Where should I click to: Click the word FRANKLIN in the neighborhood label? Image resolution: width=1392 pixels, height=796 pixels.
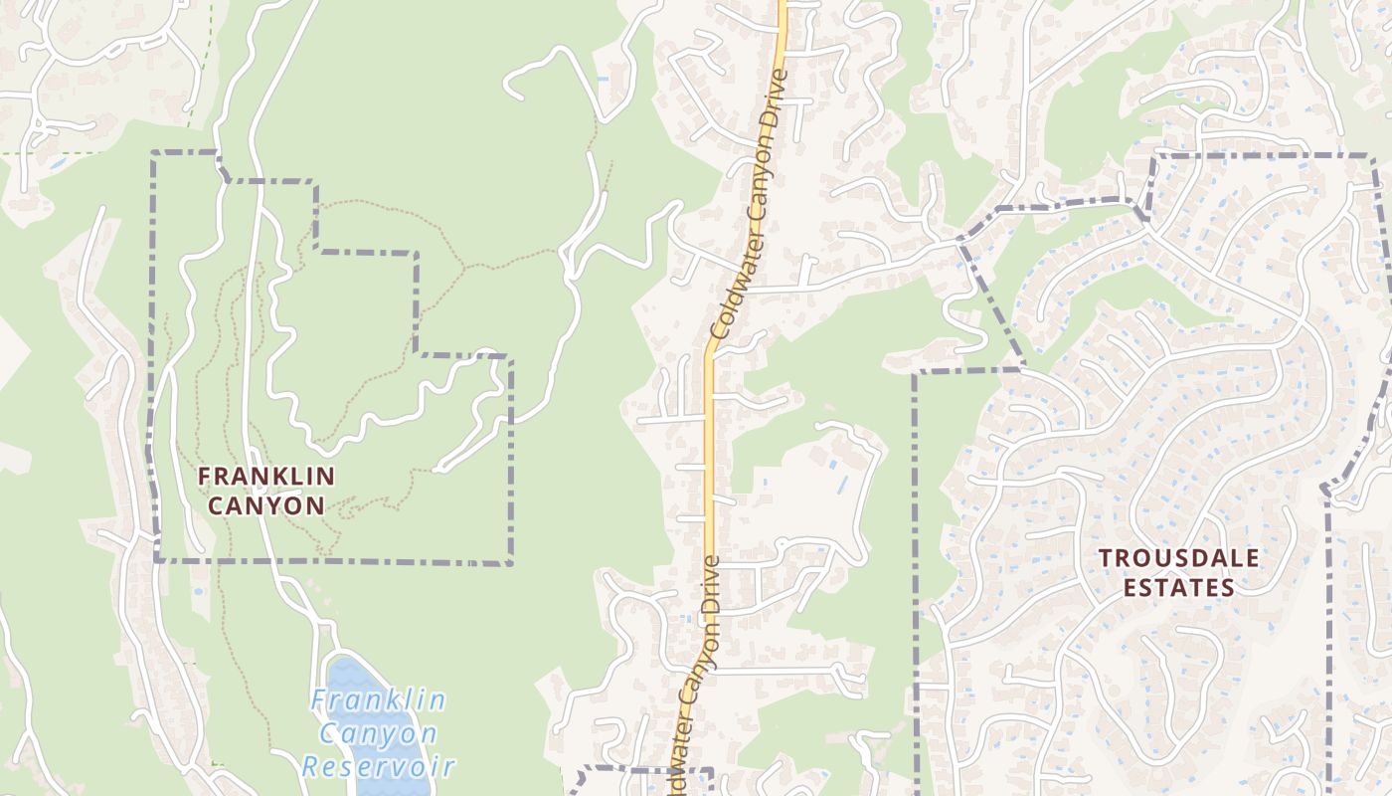click(266, 476)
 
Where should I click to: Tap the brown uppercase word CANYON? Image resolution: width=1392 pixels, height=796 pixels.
click(265, 505)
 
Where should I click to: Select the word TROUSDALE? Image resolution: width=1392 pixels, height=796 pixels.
click(1178, 558)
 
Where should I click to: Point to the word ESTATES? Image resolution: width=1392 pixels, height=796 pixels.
click(1178, 588)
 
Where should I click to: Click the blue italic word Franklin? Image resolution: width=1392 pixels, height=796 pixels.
click(378, 700)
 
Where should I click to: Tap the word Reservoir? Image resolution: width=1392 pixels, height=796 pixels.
click(379, 767)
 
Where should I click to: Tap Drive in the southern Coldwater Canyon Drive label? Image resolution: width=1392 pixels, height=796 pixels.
click(710, 588)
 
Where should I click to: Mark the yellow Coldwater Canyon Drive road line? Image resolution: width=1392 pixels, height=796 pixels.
click(710, 448)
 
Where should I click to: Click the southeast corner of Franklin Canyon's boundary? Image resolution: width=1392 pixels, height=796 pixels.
click(511, 564)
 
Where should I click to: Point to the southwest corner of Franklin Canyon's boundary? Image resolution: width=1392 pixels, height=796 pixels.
click(157, 560)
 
